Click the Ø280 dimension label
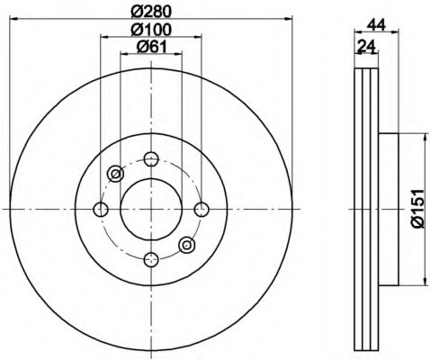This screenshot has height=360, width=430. pos(150,12)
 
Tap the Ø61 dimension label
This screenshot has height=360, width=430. pos(150,49)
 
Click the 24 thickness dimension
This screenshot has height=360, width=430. pos(366,48)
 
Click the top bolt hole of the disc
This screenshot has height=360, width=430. pos(150,158)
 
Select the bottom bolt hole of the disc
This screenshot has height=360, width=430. pos(150,260)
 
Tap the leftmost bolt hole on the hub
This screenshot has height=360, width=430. pos(101,209)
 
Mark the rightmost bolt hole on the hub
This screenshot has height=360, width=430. pos(201,209)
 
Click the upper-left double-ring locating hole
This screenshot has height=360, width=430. pos(115,174)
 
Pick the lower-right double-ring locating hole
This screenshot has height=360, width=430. pos(186,244)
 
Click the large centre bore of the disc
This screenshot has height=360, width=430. pos(150,209)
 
